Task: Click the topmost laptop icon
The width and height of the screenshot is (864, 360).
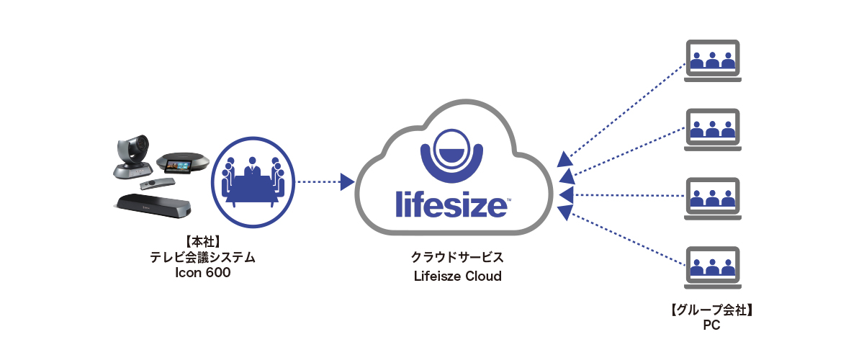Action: pyautogui.click(x=712, y=60)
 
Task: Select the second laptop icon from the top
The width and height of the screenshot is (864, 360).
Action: pyautogui.click(x=712, y=130)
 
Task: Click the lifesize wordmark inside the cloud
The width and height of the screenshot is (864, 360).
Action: pyautogui.click(x=451, y=202)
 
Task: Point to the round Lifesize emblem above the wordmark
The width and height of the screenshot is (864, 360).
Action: pyautogui.click(x=452, y=153)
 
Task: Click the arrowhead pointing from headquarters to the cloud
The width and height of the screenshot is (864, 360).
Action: pyautogui.click(x=346, y=181)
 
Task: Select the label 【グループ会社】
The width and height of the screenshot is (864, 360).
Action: pyautogui.click(x=711, y=310)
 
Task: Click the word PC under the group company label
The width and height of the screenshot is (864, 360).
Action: pyautogui.click(x=711, y=325)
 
